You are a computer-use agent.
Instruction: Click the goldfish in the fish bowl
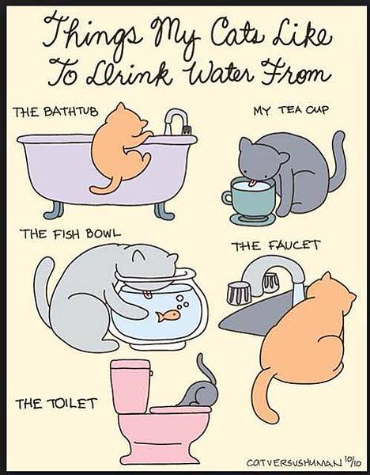click(x=168, y=316)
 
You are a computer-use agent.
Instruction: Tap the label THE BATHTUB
click(x=55, y=112)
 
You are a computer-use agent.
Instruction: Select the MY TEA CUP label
click(x=291, y=110)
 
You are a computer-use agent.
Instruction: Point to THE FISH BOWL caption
click(x=70, y=234)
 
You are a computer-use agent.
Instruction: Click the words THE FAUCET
click(x=276, y=245)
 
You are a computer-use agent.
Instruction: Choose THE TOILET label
click(x=56, y=404)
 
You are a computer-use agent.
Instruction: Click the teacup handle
click(x=227, y=198)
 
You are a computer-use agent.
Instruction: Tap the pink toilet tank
click(x=130, y=386)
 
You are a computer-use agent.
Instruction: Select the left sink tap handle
click(x=239, y=293)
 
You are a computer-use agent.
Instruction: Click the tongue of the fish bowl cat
click(x=148, y=294)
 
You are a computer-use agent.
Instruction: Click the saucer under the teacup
click(x=252, y=218)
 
